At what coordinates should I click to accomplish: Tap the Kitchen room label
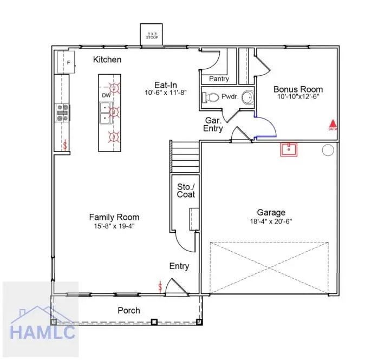107,60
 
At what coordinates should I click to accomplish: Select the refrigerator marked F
66,62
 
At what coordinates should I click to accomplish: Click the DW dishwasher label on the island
106,96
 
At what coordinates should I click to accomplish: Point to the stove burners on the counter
62,112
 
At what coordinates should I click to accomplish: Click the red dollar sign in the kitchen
66,145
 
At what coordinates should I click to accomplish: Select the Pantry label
219,79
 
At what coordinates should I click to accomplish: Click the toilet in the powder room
211,98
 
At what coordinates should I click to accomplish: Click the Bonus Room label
298,89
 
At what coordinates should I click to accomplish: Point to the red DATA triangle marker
333,124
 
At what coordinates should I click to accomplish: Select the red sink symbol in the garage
290,149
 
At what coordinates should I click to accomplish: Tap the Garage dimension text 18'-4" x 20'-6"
271,222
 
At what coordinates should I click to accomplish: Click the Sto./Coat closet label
186,191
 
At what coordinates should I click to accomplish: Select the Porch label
129,310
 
